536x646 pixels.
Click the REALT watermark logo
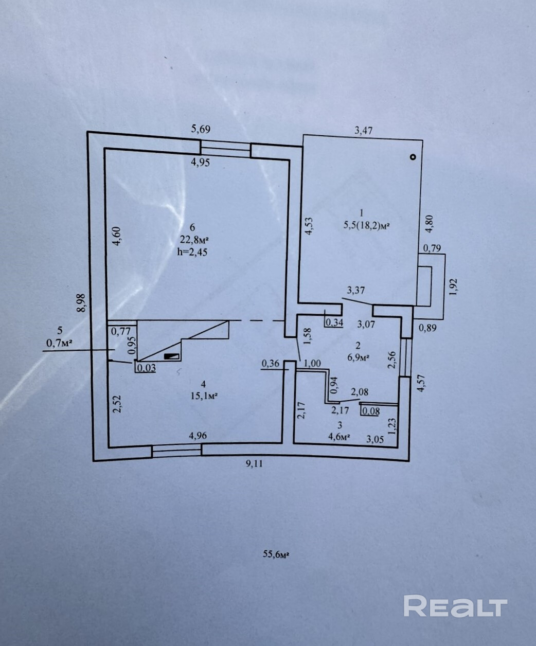coord(455,606)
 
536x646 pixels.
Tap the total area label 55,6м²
coord(276,554)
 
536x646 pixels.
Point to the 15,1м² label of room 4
coord(204,396)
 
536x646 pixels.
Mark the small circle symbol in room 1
coord(413,157)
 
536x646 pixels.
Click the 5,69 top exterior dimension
coord(201,129)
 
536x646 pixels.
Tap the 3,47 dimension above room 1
coord(363,131)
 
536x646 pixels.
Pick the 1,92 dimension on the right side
coord(453,286)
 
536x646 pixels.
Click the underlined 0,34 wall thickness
coord(335,322)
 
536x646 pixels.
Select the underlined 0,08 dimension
coord(371,411)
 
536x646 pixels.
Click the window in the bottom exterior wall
coord(176,451)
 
